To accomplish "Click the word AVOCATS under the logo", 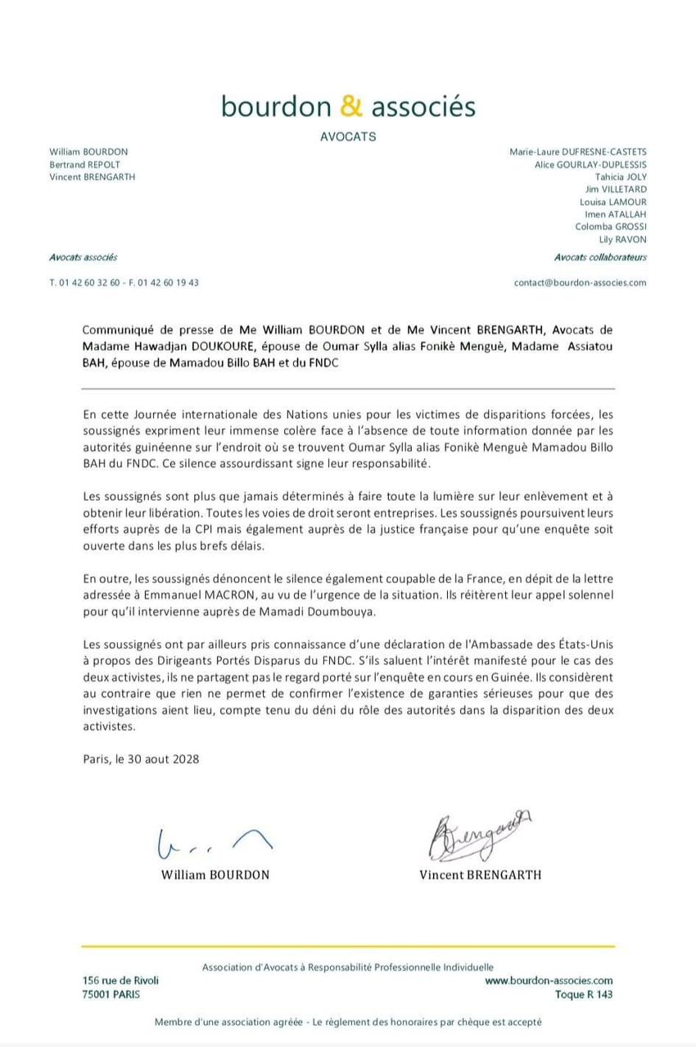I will tap(348, 137).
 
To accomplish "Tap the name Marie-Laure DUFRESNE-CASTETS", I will tap(578, 151).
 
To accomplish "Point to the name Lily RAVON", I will tap(622, 240).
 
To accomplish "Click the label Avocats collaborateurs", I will tap(600, 257).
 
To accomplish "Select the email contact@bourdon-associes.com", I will tap(580, 282).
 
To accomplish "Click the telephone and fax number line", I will tap(124, 282).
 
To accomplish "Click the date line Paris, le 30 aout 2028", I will tap(141, 758).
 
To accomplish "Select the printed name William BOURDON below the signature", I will tap(215, 874).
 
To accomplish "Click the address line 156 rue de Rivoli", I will tap(120, 980).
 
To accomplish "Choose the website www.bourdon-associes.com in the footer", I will tap(549, 980).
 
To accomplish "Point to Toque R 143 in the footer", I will tap(583, 995).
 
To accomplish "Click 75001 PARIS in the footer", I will tap(111, 995).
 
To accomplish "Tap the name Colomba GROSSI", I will tap(611, 227).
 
